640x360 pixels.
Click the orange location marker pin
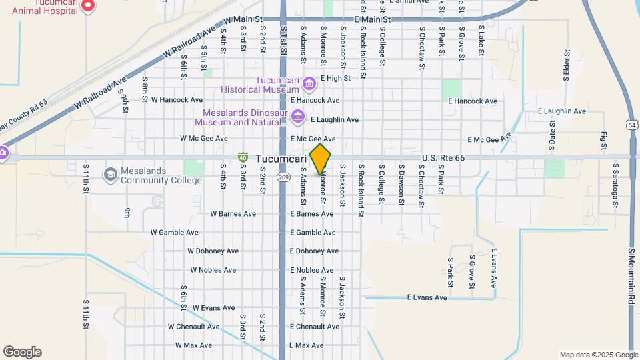pos(321,159)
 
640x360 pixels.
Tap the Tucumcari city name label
pos(281,159)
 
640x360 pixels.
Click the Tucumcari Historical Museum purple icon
pos(309,84)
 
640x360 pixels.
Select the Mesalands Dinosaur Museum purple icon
pos(298,118)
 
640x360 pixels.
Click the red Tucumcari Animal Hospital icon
pos(88,7)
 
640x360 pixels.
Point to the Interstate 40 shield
pos(243,157)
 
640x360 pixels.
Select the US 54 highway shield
pos(631,125)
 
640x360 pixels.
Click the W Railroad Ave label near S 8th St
pos(101,93)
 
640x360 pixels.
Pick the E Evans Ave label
pos(427,297)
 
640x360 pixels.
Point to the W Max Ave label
pos(193,345)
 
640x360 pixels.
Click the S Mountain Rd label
pos(631,277)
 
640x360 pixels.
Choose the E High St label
pos(335,79)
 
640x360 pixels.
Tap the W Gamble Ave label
pos(174,233)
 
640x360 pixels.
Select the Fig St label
pos(603,141)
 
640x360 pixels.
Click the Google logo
pos(22,352)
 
